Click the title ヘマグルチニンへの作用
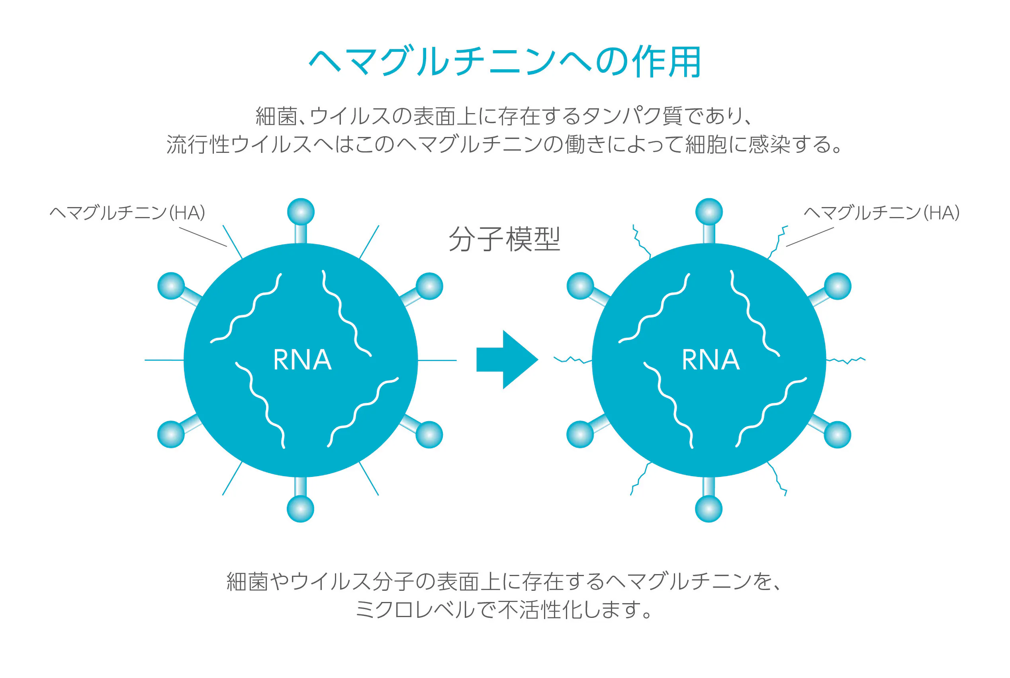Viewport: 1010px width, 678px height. tap(504, 62)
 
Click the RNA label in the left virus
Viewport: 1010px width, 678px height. tap(302, 360)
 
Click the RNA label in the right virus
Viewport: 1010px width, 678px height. tap(711, 360)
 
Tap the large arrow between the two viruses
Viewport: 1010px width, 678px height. tap(507, 360)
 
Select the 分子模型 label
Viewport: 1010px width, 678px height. tap(504, 239)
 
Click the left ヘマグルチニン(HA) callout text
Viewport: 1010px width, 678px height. tap(127, 213)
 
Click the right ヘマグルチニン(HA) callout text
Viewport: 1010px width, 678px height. tap(881, 213)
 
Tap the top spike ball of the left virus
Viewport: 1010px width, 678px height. tap(301, 212)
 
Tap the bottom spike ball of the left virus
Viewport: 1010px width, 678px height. tap(300, 508)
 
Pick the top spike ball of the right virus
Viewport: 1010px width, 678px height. tap(709, 212)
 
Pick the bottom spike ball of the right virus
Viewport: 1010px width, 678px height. tap(709, 508)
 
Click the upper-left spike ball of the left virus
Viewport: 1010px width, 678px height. tap(171, 286)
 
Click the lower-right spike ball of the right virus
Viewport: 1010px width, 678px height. tap(838, 434)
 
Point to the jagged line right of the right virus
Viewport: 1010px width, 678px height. tap(846, 360)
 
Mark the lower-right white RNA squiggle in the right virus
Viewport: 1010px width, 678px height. tap(771, 412)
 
